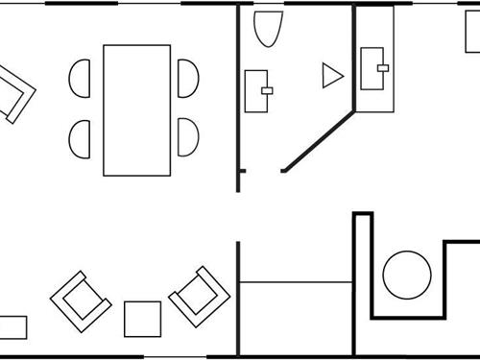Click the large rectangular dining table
coord(136,109)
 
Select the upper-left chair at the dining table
coord(81,78)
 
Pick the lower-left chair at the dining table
coord(81,138)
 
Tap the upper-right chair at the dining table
coord(190,78)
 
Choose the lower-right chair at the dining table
coord(190,138)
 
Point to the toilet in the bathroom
coord(269,29)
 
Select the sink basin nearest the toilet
coord(256,90)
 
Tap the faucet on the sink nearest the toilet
coord(267,91)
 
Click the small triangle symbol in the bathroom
coord(331,76)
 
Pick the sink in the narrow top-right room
coord(375,68)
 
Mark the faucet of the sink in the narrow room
coord(383,67)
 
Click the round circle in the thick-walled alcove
coord(407,275)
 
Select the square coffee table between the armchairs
coord(142,319)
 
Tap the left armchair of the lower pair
coord(82,300)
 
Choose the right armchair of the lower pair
coord(199,296)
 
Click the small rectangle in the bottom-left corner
coord(12,327)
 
